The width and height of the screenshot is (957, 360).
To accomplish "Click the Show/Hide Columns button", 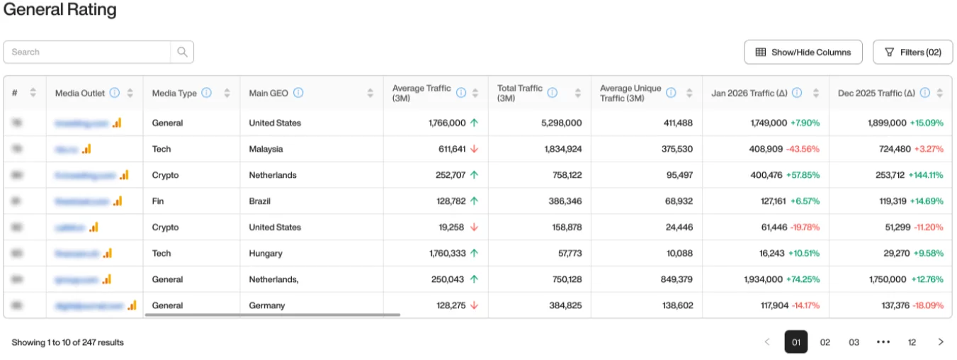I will point(803,52).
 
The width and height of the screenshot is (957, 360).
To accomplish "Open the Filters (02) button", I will point(912,52).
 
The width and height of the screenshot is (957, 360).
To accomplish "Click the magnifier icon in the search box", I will point(182,52).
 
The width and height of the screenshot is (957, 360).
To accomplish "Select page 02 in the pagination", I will point(825,342).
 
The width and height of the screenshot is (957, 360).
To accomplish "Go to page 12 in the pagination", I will point(912,342).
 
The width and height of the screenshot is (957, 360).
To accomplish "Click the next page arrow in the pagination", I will point(941,342).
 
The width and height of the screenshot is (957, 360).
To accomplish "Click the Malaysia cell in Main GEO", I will point(266,149).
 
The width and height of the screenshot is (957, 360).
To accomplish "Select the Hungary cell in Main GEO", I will point(266,253).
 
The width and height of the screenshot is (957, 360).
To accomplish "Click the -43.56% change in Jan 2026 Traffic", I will point(805,149).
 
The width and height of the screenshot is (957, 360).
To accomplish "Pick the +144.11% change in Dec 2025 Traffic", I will point(927,175).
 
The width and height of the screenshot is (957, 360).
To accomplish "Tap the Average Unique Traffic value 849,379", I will point(675,279).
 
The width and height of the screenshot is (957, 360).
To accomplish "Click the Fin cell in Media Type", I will point(158,201).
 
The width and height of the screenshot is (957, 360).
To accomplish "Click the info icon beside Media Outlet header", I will point(115,93).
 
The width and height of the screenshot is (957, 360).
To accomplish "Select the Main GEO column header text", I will point(268,93).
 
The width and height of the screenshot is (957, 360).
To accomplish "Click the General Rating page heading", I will point(60,10).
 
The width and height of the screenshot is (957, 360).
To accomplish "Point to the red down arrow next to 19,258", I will point(474,227).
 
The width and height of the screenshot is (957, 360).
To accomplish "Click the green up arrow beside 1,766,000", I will point(474,123).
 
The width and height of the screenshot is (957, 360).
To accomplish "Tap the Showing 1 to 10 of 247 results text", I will point(68,342).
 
